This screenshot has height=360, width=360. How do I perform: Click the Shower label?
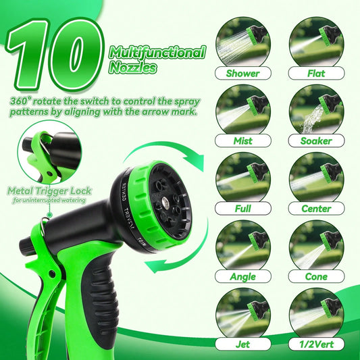(243, 73)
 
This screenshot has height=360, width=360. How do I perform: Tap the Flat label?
(316, 73)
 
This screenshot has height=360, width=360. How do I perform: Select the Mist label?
(243, 140)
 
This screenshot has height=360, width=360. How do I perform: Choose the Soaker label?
(316, 140)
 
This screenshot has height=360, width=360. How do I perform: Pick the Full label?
(243, 209)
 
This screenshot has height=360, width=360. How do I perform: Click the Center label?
(316, 209)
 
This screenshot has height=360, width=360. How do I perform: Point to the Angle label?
(243, 276)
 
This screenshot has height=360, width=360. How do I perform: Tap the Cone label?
(316, 276)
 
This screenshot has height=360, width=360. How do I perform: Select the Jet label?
(243, 344)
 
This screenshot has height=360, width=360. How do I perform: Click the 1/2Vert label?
(316, 344)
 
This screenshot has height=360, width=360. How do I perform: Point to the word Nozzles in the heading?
(132, 68)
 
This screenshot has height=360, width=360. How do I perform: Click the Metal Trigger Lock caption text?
(49, 191)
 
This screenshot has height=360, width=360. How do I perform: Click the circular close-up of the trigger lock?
(49, 153)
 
